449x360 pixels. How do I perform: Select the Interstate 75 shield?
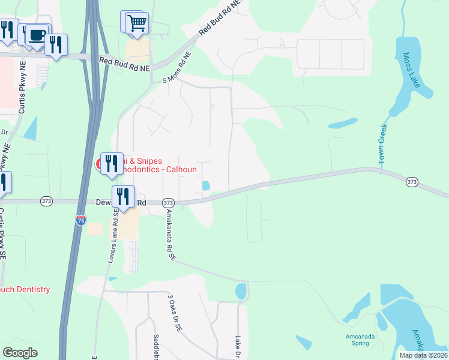click(80, 220)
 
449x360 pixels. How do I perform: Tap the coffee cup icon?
click(37, 34)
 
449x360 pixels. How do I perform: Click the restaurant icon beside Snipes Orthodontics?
click(111, 163)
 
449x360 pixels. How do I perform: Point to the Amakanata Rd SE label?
click(170, 235)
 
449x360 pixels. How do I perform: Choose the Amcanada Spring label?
click(360, 340)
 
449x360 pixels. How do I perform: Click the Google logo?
click(20, 353)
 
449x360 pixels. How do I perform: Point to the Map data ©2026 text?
click(423, 355)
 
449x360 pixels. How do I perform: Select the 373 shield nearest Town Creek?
click(411, 181)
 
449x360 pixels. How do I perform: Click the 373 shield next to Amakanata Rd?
click(168, 203)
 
